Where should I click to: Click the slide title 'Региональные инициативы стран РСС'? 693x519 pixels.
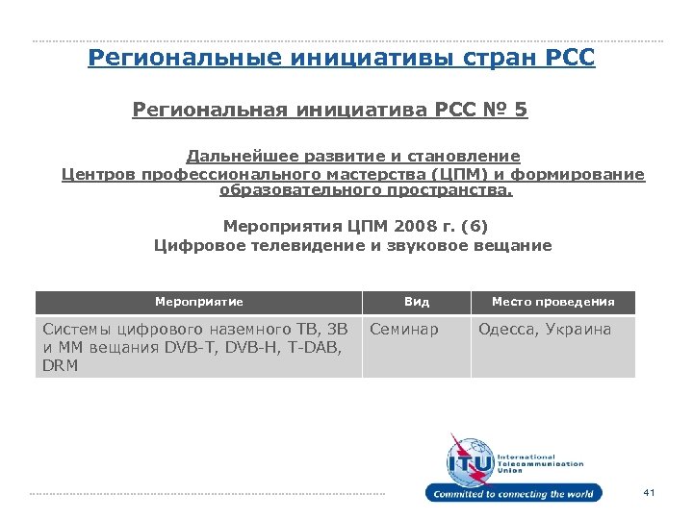(341, 60)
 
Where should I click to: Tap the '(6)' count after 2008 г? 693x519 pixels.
(474, 227)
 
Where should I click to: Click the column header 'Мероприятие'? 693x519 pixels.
(199, 302)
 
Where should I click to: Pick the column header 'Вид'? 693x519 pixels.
(417, 302)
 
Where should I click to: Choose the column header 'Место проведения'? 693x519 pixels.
(552, 302)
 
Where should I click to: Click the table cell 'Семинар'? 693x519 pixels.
(404, 330)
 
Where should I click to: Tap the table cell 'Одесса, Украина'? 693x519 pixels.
(545, 330)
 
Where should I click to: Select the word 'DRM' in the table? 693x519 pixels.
(61, 366)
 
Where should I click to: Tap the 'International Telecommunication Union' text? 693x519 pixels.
(540, 463)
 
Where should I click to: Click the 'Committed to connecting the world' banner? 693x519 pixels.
(514, 494)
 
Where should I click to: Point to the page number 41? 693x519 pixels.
(648, 493)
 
